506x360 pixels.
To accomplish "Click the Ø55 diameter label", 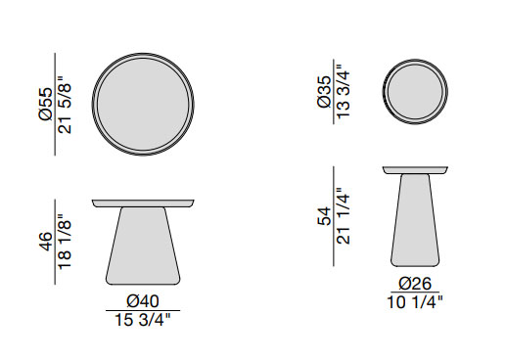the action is [46, 105].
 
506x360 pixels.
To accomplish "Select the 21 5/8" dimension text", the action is [65, 105].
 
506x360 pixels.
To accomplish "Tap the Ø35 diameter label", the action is [324, 92].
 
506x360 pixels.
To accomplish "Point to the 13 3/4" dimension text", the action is [343, 92].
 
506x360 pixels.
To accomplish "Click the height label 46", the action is [45, 242].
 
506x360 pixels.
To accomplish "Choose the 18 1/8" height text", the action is [65, 242].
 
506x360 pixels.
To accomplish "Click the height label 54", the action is [324, 216].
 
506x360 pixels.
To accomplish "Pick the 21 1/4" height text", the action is [343, 216].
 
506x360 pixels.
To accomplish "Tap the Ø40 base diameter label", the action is [143, 301].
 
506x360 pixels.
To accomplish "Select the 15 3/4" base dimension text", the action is [143, 320].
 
